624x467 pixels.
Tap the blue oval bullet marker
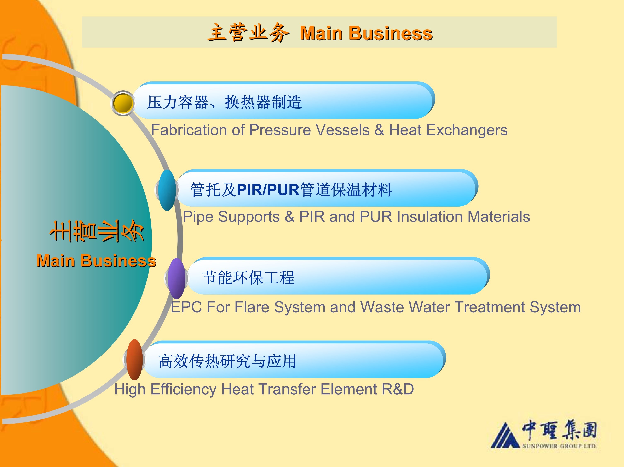pyautogui.click(x=167, y=190)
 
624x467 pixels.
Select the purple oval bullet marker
pyautogui.click(x=177, y=278)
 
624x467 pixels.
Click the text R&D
pyautogui.click(x=398, y=389)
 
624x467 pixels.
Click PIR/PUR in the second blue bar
pyautogui.click(x=268, y=189)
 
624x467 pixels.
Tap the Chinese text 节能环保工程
pyautogui.click(x=248, y=277)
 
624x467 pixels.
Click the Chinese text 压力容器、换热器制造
pyautogui.click(x=224, y=102)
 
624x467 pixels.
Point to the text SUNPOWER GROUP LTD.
pyautogui.click(x=559, y=446)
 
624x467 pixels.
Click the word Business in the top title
pyautogui.click(x=391, y=33)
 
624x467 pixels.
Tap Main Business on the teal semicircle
pyautogui.click(x=96, y=260)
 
